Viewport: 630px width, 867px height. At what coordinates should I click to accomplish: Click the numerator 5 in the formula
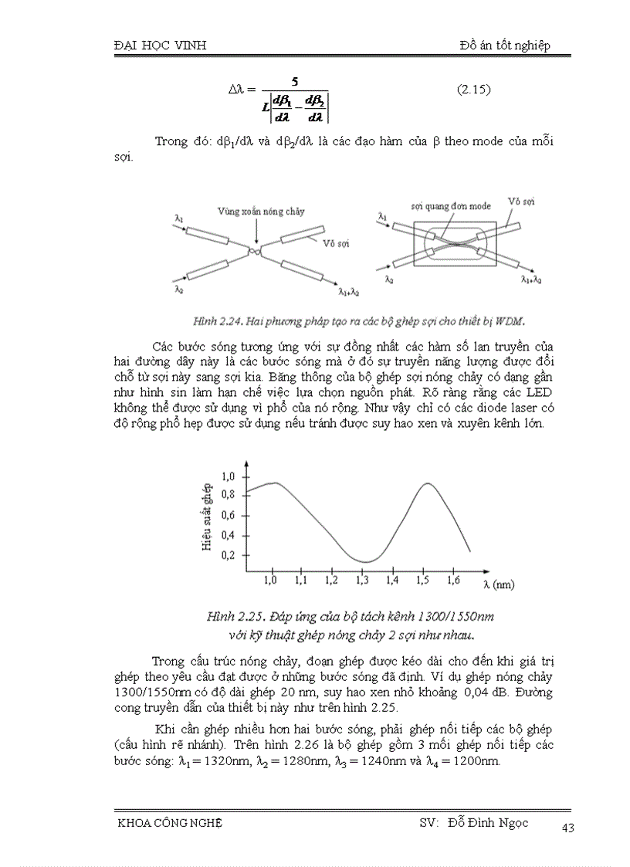coord(294,81)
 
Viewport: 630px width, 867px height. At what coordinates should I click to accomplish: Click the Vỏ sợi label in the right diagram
coord(521,201)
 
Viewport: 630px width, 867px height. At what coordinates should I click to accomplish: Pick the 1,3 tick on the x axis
coord(362,579)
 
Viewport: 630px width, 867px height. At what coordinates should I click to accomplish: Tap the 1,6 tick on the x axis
coord(453,579)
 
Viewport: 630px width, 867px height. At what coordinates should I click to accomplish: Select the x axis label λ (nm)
coord(498,584)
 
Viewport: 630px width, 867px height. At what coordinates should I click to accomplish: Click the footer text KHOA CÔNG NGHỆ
coord(168,823)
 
